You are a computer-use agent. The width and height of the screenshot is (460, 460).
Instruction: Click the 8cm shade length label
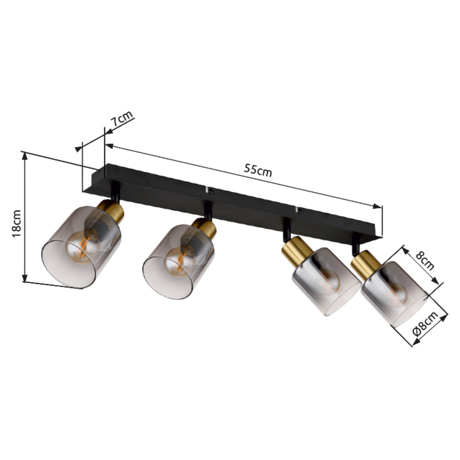point(425,261)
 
